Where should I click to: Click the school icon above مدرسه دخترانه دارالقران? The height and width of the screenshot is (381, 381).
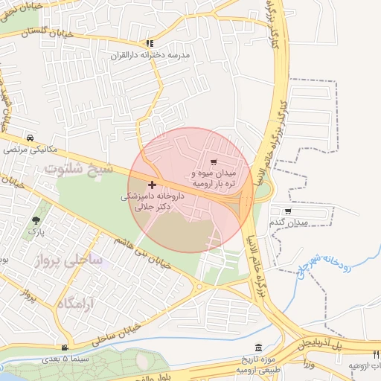(150, 44)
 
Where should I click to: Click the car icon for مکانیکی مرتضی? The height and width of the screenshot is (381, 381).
(29, 138)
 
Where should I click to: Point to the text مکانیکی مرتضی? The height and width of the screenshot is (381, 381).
(30, 150)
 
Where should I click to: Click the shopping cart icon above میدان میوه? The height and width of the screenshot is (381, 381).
(214, 161)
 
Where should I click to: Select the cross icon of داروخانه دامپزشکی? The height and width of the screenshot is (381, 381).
(153, 185)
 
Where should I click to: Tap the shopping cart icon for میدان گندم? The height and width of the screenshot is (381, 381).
(288, 211)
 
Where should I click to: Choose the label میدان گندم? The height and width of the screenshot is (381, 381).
(288, 222)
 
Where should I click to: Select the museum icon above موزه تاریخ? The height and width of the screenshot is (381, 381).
(257, 348)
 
